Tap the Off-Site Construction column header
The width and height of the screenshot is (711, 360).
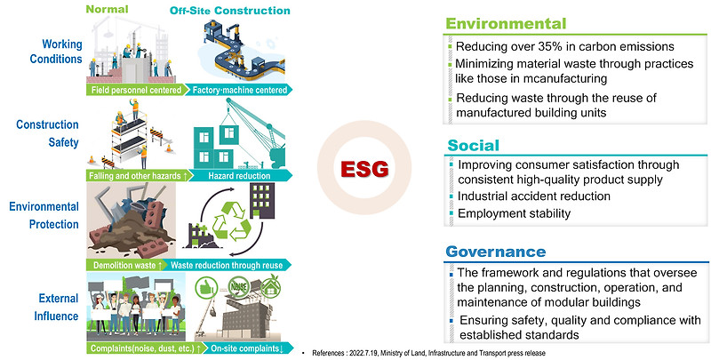coord(230,12)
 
